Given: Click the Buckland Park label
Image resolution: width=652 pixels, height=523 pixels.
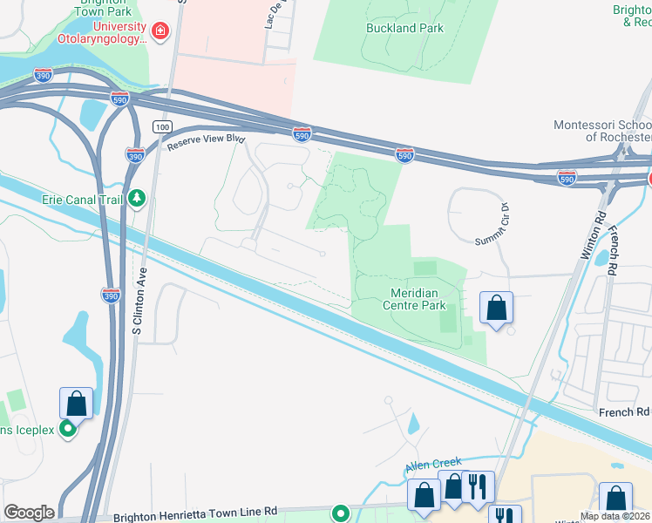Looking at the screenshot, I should click(404, 28).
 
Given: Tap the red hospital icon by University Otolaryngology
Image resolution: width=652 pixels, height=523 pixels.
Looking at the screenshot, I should click(160, 33).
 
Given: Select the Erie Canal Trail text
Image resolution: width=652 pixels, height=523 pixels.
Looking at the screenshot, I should click(82, 200).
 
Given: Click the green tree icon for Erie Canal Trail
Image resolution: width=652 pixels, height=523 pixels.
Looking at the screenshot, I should click(137, 200).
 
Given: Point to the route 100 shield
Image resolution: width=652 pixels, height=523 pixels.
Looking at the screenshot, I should click(161, 127).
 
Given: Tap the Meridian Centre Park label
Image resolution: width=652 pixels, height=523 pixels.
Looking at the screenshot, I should click(414, 298).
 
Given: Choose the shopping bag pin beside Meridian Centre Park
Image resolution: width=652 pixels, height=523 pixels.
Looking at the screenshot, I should click(496, 308).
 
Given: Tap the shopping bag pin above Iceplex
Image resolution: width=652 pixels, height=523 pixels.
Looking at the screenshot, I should click(76, 404).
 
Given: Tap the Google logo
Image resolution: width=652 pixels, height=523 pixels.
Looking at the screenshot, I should click(29, 513).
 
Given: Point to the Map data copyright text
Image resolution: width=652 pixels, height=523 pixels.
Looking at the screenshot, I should click(615, 516).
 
